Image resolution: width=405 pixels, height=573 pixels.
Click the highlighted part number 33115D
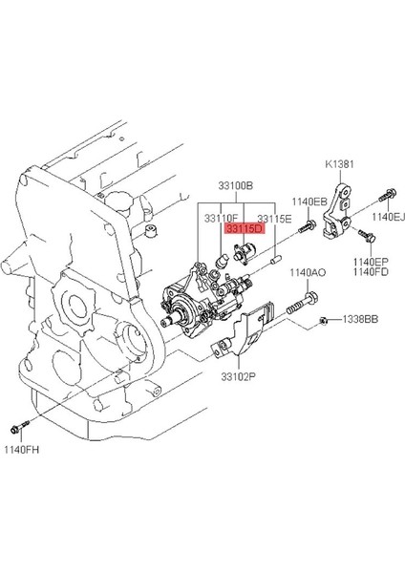[x=245, y=229]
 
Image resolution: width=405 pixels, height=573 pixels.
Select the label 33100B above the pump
[x=236, y=186]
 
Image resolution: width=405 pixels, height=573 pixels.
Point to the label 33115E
[x=274, y=219]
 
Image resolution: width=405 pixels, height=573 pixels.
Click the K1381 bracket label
[x=340, y=164]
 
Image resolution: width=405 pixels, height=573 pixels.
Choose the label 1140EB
[x=309, y=202]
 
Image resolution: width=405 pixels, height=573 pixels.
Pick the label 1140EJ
[x=389, y=217]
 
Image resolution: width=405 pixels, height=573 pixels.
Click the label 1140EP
[x=371, y=262]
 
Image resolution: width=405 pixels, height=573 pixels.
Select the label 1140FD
[x=371, y=271]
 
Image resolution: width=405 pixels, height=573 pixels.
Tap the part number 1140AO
[x=308, y=272]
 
